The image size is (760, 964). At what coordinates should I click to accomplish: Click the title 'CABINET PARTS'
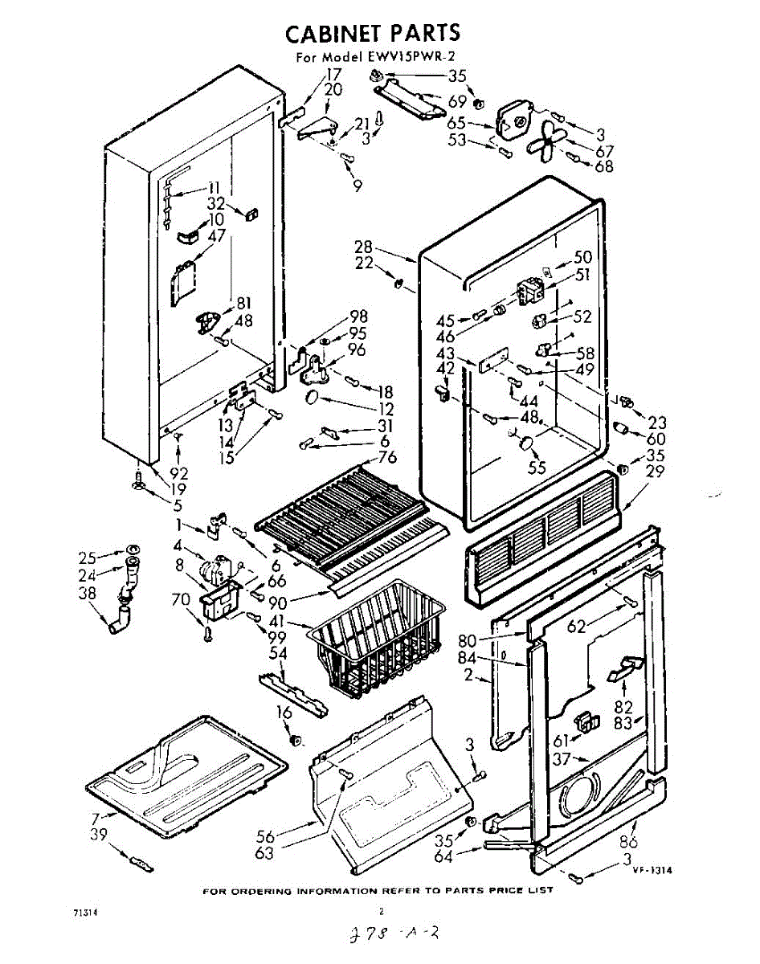[373, 33]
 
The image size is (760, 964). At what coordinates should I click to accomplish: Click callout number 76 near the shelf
[388, 458]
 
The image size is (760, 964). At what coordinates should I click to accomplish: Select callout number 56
[266, 834]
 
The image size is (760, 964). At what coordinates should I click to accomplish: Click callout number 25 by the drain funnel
[88, 556]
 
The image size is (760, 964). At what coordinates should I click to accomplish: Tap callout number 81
[243, 304]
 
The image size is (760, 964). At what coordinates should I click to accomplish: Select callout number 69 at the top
[458, 102]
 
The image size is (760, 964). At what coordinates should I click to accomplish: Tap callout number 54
[277, 653]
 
